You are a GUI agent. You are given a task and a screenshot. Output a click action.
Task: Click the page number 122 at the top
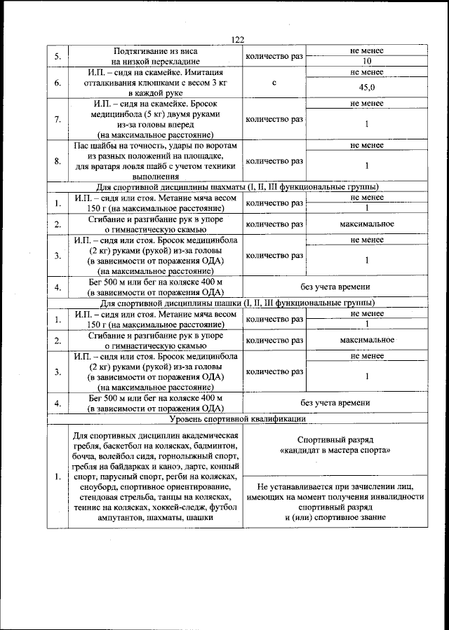(235, 40)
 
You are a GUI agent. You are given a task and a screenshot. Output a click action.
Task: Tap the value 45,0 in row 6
(366, 88)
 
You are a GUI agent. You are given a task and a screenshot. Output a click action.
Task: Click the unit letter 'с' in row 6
(274, 83)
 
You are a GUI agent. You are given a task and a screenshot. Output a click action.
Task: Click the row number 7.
(58, 119)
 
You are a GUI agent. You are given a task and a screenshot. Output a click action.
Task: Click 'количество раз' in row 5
(274, 56)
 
